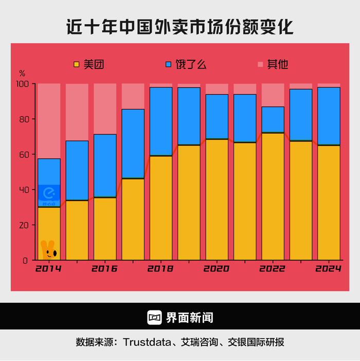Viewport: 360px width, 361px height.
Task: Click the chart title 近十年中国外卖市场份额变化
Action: [x=180, y=26]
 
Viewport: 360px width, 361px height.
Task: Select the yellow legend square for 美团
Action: [x=77, y=64]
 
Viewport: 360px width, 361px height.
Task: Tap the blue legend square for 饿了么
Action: [x=168, y=64]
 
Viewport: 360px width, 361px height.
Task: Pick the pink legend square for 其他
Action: [x=260, y=64]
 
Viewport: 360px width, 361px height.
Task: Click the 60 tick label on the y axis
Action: [x=24, y=154]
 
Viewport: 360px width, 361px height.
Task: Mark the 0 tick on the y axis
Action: [x=25, y=261]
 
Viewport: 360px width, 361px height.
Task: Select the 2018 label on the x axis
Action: [x=160, y=269]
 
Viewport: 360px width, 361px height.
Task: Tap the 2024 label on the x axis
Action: [x=329, y=269]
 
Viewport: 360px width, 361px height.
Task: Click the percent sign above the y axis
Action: [x=22, y=74]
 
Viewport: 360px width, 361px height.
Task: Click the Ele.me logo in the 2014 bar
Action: [x=49, y=194]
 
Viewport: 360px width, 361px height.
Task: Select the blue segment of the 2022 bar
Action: [x=273, y=119]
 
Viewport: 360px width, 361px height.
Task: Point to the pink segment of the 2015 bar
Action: [x=77, y=112]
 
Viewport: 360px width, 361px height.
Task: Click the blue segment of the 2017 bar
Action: [x=133, y=144]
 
